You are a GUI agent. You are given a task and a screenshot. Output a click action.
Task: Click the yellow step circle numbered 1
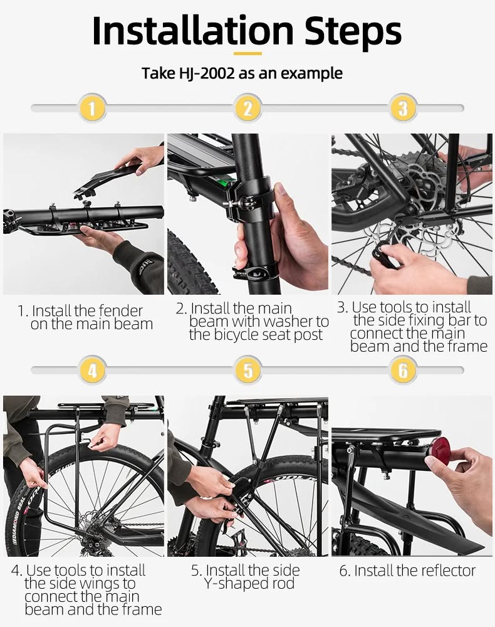tap(92, 108)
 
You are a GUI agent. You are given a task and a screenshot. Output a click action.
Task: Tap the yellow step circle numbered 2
tap(247, 108)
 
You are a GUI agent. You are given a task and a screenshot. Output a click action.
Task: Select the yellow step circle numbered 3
tap(403, 108)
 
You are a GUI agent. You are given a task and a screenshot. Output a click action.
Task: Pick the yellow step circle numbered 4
tap(92, 371)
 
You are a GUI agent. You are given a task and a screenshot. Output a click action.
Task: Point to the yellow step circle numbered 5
tap(247, 371)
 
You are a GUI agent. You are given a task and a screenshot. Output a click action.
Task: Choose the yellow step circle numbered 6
tap(403, 371)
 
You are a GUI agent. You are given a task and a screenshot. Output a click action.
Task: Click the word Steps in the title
tap(353, 33)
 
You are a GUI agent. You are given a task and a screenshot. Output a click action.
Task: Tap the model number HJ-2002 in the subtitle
tap(205, 74)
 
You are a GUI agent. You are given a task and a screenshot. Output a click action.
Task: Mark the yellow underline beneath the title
tap(247, 53)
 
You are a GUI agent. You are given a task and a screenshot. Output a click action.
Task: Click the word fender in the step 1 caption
tap(120, 311)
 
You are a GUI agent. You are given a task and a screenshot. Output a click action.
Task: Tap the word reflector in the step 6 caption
tap(442, 571)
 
